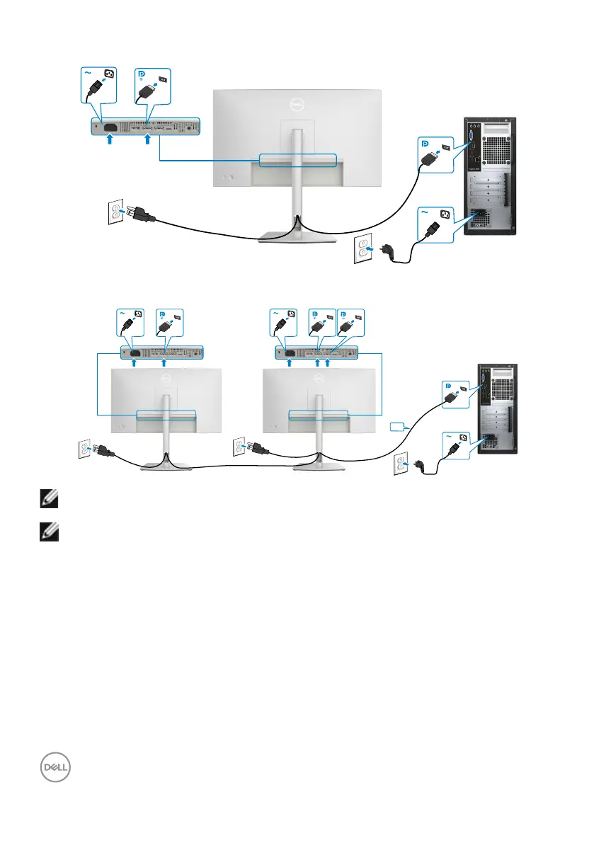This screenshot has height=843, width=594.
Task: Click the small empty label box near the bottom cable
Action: tap(398, 427)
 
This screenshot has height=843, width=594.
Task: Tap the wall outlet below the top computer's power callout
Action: tap(363, 251)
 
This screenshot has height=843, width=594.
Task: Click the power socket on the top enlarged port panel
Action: tap(110, 127)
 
